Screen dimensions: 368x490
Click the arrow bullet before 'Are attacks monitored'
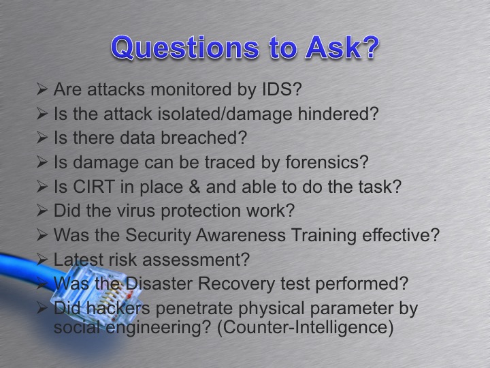[42, 89]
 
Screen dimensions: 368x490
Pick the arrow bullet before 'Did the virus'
[42, 211]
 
